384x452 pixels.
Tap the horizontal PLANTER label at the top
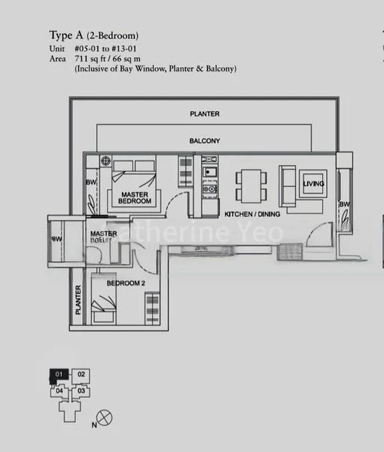pos(205,114)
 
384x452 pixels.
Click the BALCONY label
pos(205,141)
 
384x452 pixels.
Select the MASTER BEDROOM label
pos(136,198)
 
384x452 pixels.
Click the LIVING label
pos(313,184)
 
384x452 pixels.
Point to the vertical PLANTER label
pos(78,301)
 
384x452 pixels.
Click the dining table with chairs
pos(251,185)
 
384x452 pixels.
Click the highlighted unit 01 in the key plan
pos(59,374)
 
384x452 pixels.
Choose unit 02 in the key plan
pos(81,374)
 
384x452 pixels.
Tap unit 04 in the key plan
pos(59,392)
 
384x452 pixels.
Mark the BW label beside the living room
pos(343,204)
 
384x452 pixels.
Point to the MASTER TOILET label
pos(104,237)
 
